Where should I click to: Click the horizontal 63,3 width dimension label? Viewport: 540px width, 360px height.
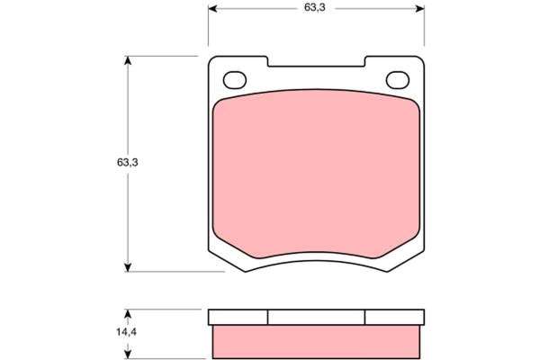[314, 7]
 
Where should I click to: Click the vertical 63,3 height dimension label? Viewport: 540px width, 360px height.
[128, 162]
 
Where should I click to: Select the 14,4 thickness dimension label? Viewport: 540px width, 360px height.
[126, 332]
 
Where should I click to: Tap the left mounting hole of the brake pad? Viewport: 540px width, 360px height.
[235, 80]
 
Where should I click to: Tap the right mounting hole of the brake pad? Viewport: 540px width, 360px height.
[398, 80]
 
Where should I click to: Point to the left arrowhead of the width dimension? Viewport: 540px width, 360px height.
[212, 9]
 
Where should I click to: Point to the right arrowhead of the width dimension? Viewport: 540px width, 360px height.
[420, 9]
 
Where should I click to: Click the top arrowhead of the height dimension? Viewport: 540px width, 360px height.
[128, 60]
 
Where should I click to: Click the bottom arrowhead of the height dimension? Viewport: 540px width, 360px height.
[128, 267]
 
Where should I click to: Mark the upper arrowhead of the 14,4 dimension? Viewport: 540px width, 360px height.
[128, 313]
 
